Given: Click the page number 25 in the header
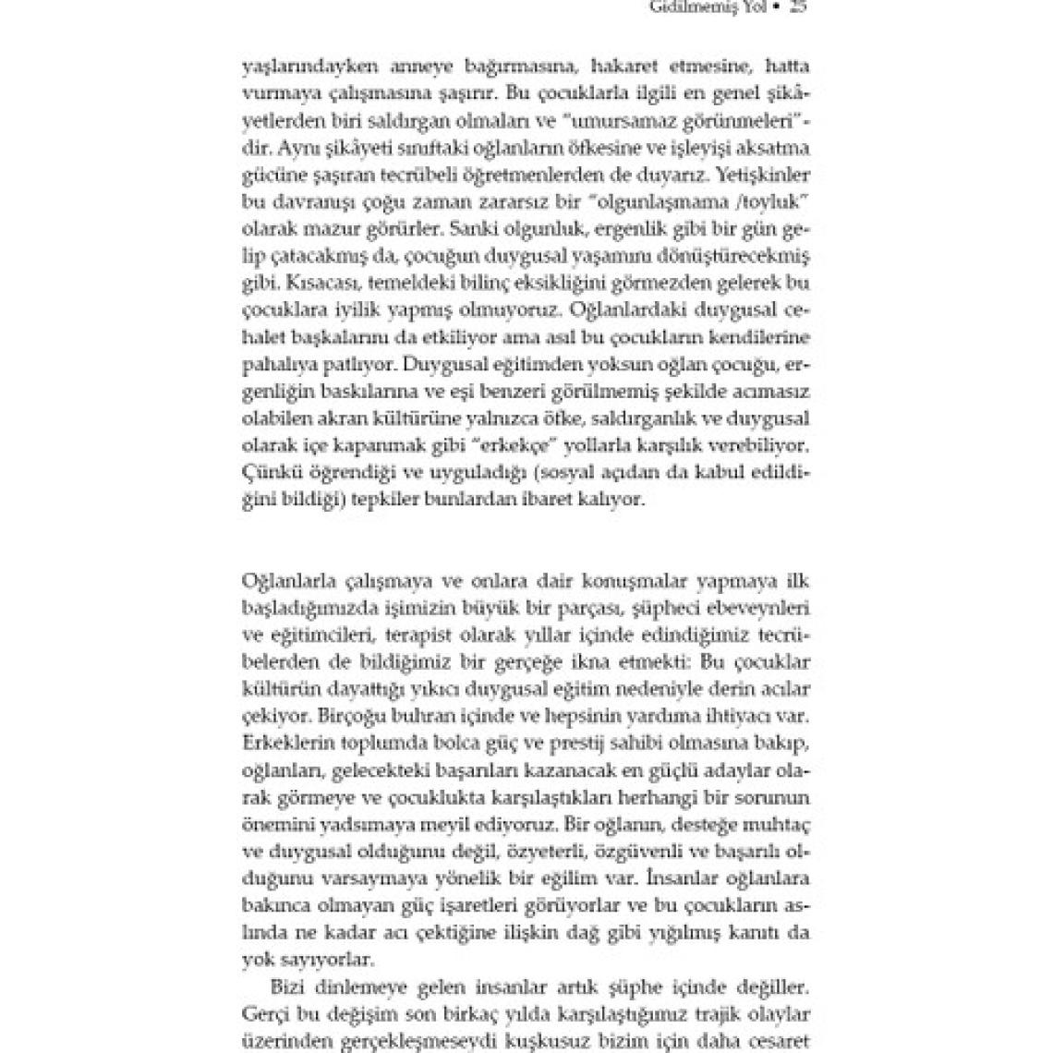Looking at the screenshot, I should coord(800,8).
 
